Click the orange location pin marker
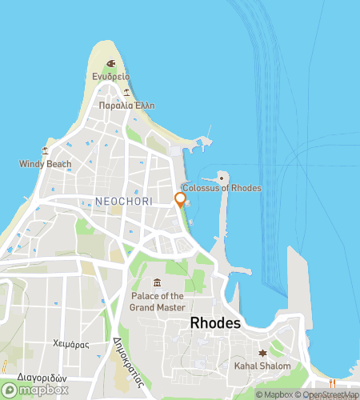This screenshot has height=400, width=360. [x=181, y=199]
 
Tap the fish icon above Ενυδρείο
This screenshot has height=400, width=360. [x=110, y=63]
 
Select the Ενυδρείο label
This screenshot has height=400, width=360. [x=110, y=77]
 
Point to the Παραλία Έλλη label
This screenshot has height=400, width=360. [x=126, y=106]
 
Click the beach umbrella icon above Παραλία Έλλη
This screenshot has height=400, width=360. [x=126, y=92]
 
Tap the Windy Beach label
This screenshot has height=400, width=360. [x=46, y=164]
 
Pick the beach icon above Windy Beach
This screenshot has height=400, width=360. [x=46, y=150]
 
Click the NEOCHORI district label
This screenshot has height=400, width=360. [x=118, y=200]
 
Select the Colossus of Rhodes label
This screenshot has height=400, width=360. [x=222, y=188]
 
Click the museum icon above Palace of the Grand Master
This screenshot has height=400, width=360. [x=157, y=282]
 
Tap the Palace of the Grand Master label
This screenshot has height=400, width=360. [x=158, y=301]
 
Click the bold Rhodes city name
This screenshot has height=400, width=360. [x=217, y=322]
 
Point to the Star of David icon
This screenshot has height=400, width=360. [x=262, y=353]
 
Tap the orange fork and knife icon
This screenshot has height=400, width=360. [x=333, y=383]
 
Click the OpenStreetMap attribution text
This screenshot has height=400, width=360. [x=328, y=394]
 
